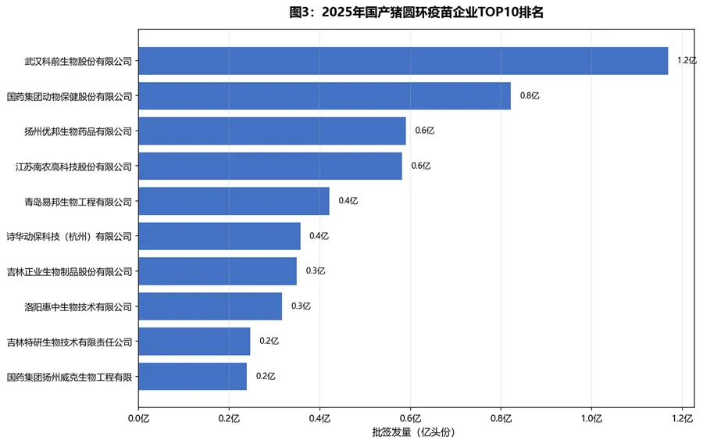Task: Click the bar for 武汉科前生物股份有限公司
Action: [x=403, y=61]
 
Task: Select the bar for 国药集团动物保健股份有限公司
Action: [x=324, y=96]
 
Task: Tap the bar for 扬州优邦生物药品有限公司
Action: [x=272, y=131]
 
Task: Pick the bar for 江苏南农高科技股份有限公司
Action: [x=270, y=166]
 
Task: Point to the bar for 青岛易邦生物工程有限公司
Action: [x=234, y=201]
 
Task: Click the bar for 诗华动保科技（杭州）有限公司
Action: [x=219, y=236]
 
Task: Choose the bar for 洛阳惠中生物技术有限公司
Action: [x=210, y=306]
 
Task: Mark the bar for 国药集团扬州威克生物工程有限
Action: [x=192, y=377]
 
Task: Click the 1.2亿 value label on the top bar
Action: [x=686, y=61]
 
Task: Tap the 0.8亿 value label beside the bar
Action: [x=530, y=96]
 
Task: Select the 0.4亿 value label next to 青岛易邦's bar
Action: [x=348, y=201]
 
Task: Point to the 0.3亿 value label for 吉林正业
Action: [x=316, y=271]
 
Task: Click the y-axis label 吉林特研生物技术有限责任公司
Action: [x=70, y=342]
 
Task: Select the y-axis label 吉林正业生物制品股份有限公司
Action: [x=70, y=271]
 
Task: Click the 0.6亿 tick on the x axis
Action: [x=410, y=417]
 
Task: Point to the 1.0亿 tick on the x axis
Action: [x=591, y=417]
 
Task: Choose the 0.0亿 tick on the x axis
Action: [x=138, y=417]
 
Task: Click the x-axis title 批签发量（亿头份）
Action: [x=413, y=432]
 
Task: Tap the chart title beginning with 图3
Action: [x=416, y=13]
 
